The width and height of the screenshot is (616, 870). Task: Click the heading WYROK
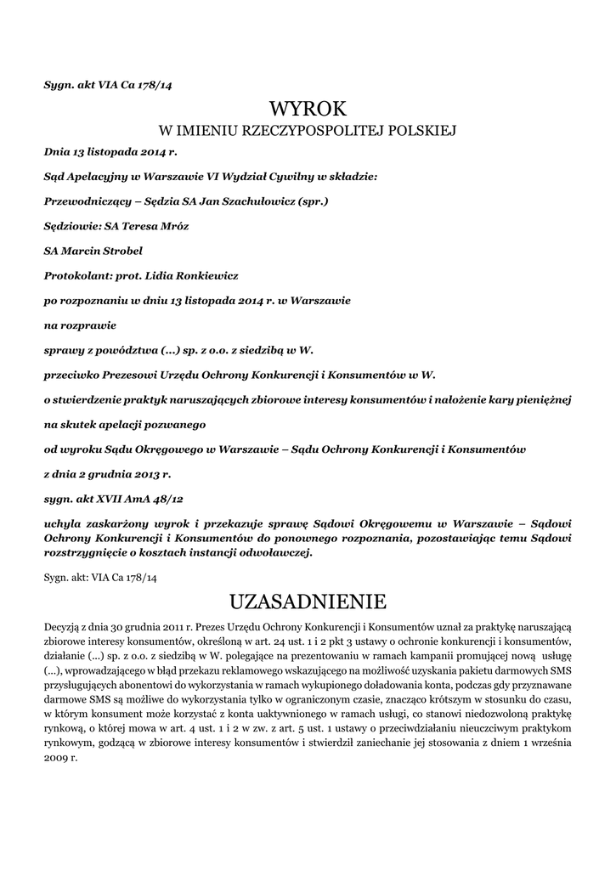tap(308, 109)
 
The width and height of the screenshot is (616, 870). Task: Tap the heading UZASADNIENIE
tap(308, 602)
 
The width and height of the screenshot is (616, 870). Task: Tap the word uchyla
tap(63, 525)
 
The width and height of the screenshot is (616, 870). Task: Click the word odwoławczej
tap(278, 552)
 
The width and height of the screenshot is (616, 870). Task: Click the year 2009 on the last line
tap(57, 756)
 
